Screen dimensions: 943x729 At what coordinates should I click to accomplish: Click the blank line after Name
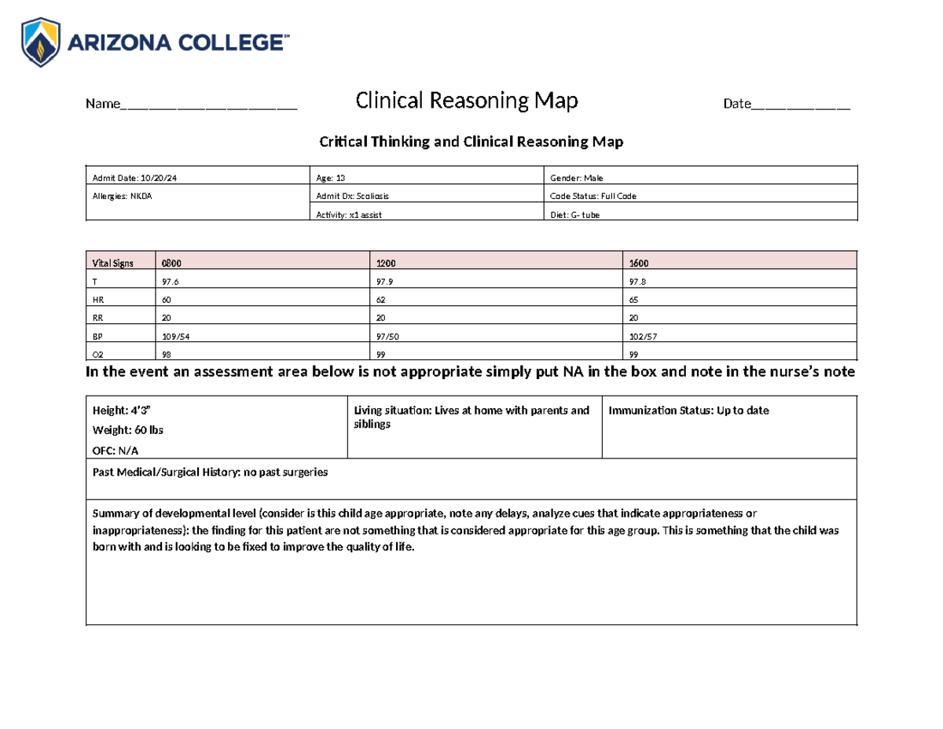(x=208, y=105)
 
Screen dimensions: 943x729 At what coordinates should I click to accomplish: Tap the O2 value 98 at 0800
(x=166, y=354)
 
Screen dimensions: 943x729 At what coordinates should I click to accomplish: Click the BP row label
(x=98, y=336)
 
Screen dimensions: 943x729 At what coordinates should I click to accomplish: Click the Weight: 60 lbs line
(x=128, y=430)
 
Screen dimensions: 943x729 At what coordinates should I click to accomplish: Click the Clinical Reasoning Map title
(x=467, y=101)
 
